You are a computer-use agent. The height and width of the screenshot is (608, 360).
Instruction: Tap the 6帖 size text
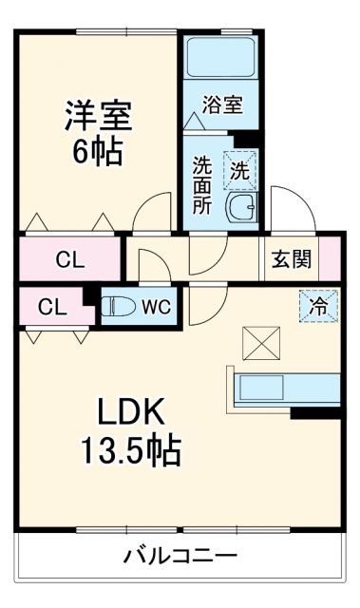tap(97, 151)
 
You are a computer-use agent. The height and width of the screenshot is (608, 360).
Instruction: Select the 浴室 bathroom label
tap(224, 104)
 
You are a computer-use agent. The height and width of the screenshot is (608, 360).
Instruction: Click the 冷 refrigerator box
tap(320, 306)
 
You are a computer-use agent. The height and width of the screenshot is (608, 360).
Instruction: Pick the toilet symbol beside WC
tap(120, 306)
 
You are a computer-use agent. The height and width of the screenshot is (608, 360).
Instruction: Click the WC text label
tap(157, 307)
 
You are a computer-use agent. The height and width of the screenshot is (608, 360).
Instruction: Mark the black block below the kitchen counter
tap(315, 411)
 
